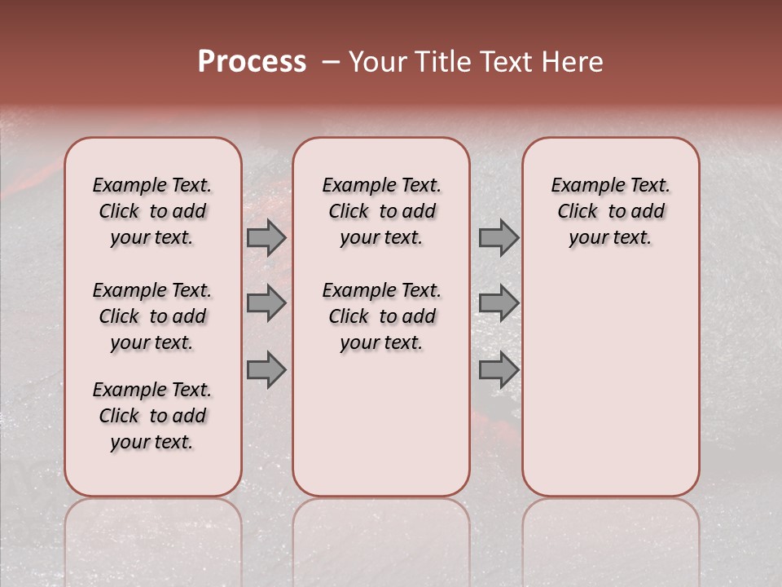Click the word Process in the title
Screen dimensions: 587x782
click(252, 62)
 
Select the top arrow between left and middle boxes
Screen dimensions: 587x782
click(266, 237)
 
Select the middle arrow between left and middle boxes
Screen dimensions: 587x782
click(266, 303)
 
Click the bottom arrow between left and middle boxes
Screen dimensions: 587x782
click(266, 370)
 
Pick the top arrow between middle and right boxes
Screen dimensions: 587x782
click(499, 237)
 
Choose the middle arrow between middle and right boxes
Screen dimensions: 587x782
click(499, 303)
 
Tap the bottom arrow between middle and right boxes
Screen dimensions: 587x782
click(499, 370)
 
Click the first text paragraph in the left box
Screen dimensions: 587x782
click(152, 211)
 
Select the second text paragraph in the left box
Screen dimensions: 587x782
click(152, 316)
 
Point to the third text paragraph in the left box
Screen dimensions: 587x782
click(152, 416)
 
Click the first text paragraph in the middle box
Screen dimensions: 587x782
click(381, 211)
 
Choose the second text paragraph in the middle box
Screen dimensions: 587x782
click(381, 316)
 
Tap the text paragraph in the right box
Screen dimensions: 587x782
click(610, 211)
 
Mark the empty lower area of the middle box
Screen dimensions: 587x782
click(381, 424)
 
